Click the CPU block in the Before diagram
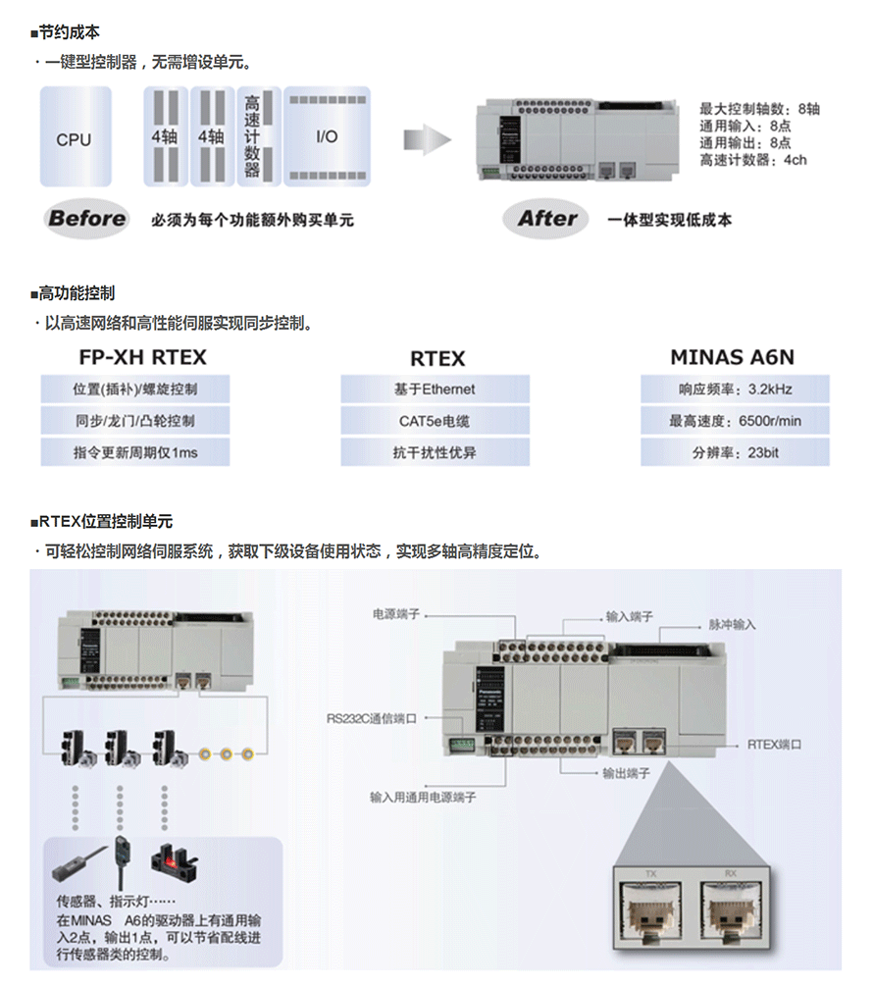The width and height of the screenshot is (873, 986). pyautogui.click(x=74, y=137)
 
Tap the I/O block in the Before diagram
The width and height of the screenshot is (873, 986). pyautogui.click(x=327, y=136)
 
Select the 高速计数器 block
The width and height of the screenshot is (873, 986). pyautogui.click(x=252, y=136)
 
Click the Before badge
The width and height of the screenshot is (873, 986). pyautogui.click(x=87, y=219)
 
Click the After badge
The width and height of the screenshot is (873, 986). pyautogui.click(x=547, y=219)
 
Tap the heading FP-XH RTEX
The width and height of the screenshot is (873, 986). pyautogui.click(x=142, y=358)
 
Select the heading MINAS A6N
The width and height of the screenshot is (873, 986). pyautogui.click(x=733, y=358)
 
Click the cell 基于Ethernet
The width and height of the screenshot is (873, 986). pyautogui.click(x=435, y=389)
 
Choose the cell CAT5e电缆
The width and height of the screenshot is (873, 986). pyautogui.click(x=435, y=421)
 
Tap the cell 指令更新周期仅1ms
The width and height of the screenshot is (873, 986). pyautogui.click(x=135, y=452)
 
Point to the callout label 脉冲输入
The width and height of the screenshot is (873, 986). pyautogui.click(x=732, y=624)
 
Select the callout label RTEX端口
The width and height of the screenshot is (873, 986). pyautogui.click(x=775, y=745)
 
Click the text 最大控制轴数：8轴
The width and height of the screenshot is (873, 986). pyautogui.click(x=759, y=109)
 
